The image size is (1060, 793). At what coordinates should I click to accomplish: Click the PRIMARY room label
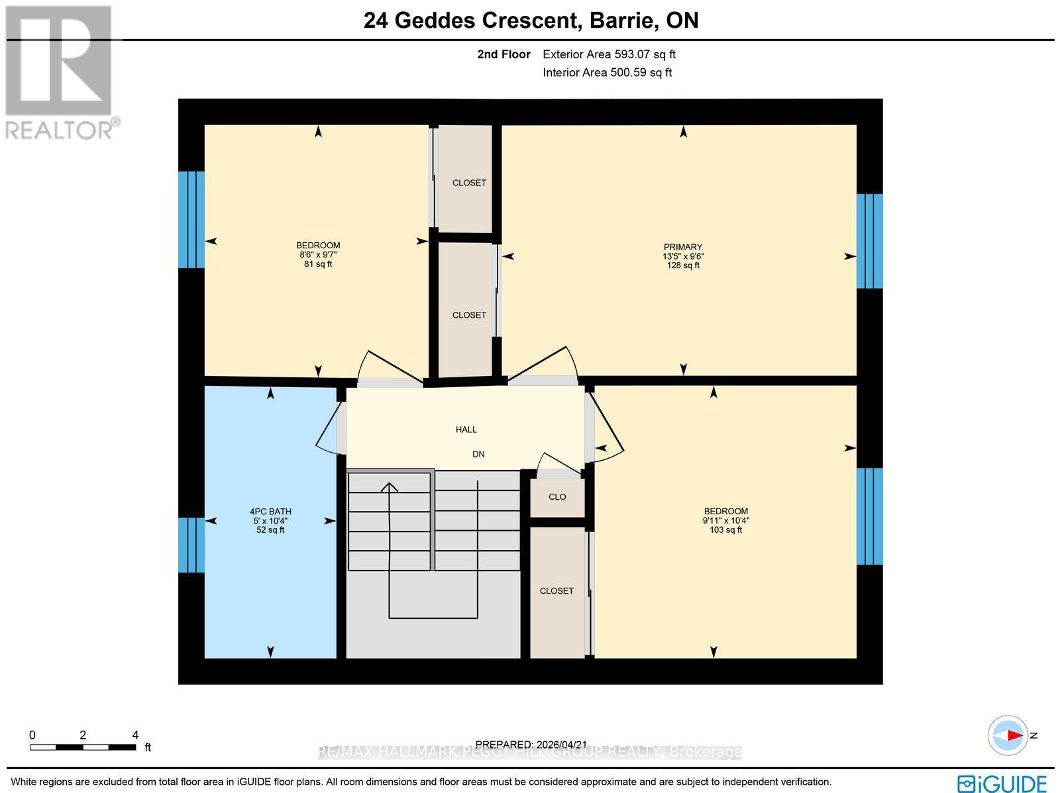(683, 247)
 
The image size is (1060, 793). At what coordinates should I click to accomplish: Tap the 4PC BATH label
(270, 512)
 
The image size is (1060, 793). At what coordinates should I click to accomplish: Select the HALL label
(466, 430)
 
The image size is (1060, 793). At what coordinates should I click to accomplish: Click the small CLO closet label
(557, 496)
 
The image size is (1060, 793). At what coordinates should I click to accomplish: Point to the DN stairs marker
(478, 454)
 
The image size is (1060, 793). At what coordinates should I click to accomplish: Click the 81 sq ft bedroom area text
(318, 264)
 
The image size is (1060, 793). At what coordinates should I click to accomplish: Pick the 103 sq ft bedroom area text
(725, 530)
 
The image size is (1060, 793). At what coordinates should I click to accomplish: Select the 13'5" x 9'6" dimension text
(683, 256)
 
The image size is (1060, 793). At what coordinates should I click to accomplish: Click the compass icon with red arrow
(1008, 735)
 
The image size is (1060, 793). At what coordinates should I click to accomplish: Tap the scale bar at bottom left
(83, 747)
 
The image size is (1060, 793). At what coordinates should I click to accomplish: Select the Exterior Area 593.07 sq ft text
(609, 55)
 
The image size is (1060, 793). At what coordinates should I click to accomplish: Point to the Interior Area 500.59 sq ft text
(607, 73)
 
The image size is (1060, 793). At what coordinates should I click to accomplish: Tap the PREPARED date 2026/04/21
(531, 745)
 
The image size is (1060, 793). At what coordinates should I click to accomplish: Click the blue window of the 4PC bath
(191, 544)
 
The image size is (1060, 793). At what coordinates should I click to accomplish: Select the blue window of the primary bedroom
(869, 241)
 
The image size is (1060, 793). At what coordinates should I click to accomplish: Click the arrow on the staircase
(389, 489)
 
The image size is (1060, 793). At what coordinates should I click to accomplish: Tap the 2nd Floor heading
(503, 55)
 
